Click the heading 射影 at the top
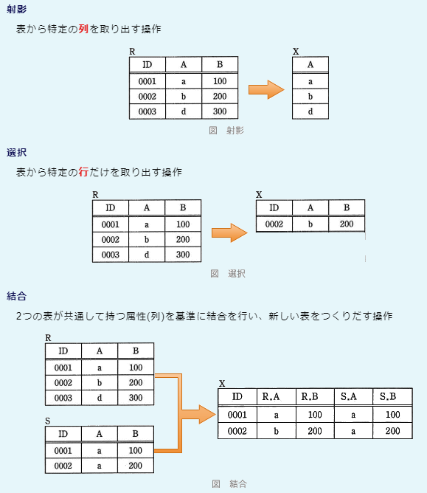click(17, 9)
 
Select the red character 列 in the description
click(83, 29)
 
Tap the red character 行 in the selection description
click(83, 172)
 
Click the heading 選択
click(17, 153)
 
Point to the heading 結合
click(17, 296)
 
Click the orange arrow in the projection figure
click(266, 89)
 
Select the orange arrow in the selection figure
click(229, 232)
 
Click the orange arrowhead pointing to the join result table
click(207, 414)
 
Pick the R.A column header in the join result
click(271, 397)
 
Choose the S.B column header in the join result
click(388, 397)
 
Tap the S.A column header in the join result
click(349, 397)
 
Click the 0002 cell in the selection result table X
click(274, 224)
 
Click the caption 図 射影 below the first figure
click(226, 130)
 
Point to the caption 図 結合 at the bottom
click(229, 483)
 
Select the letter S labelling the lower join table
click(48, 421)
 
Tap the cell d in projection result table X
click(310, 111)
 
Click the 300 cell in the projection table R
click(220, 111)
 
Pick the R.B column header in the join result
click(310, 397)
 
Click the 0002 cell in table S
click(63, 466)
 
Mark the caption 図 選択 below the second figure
click(228, 274)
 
